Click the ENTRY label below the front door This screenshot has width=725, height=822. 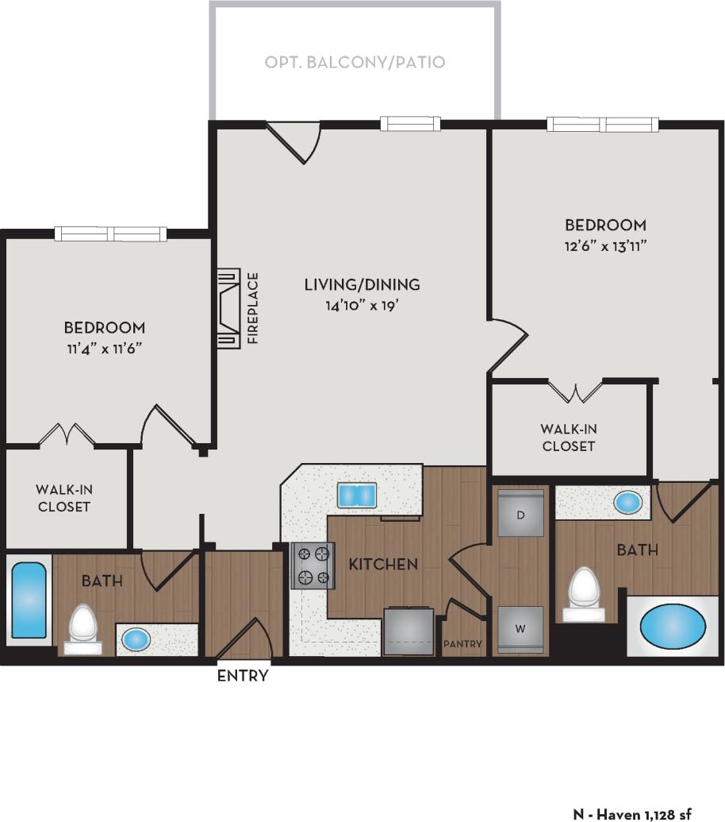tap(243, 677)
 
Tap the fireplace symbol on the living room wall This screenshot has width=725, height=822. tap(228, 308)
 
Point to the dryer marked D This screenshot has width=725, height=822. tap(520, 515)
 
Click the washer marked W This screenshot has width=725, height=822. tap(520, 629)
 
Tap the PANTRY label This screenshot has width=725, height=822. tap(462, 644)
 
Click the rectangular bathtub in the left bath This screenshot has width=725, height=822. tap(29, 604)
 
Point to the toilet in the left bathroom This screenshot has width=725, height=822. tap(82, 627)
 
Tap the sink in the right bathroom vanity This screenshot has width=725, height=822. tap(628, 502)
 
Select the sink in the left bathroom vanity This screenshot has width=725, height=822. tap(136, 638)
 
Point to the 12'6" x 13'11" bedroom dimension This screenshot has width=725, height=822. tap(606, 245)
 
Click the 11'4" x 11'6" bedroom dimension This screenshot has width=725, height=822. tap(105, 347)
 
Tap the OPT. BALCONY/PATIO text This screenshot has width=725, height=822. tap(355, 62)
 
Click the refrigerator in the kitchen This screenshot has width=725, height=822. tap(409, 631)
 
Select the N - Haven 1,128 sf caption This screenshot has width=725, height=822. tap(632, 813)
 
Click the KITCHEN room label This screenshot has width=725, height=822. tap(383, 564)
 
